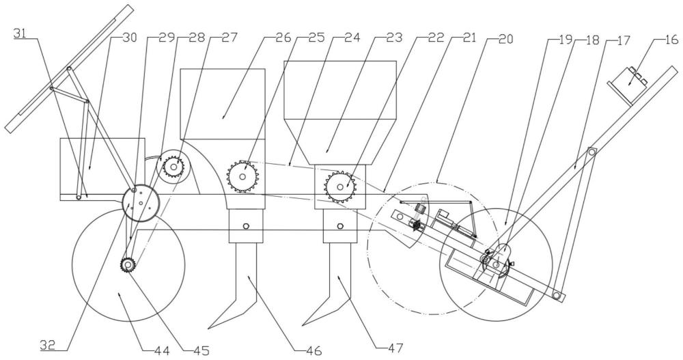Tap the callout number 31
coord(20,33)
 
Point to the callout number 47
coord(396,348)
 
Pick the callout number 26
coord(282,38)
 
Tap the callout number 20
coord(505,39)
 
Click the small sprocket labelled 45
coord(128,265)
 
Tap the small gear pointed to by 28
coord(173,166)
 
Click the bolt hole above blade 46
coord(246,225)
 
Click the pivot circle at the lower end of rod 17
coord(556,296)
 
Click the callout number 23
coord(395,38)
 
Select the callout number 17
coord(624,40)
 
